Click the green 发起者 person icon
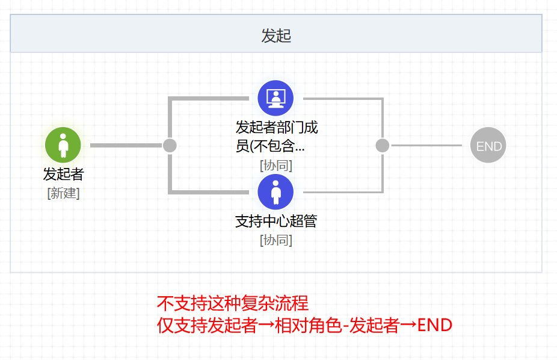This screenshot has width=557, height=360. pyautogui.click(x=63, y=145)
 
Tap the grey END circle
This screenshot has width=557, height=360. pyautogui.click(x=488, y=145)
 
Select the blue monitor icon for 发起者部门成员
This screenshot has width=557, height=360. pyautogui.click(x=275, y=98)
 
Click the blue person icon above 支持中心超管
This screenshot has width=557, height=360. pyautogui.click(x=275, y=192)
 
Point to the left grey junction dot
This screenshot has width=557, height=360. pyautogui.click(x=170, y=145)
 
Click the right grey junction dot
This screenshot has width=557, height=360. pyautogui.click(x=382, y=145)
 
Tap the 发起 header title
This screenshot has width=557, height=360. pyautogui.click(x=276, y=36)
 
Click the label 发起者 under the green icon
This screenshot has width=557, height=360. pyautogui.click(x=63, y=174)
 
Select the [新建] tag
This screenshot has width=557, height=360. pyautogui.click(x=63, y=193)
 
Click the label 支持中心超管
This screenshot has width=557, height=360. pyautogui.click(x=276, y=221)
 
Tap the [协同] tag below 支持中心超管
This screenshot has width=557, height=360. pyautogui.click(x=276, y=240)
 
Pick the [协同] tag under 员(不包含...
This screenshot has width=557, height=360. pyautogui.click(x=276, y=166)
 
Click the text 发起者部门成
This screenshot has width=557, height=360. pyautogui.click(x=276, y=127)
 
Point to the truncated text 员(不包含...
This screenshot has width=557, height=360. pyautogui.click(x=270, y=146)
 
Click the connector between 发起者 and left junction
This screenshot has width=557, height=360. pyautogui.click(x=126, y=145)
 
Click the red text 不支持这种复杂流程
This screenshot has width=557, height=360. pyautogui.click(x=233, y=303)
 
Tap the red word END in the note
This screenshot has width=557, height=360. pyautogui.click(x=434, y=325)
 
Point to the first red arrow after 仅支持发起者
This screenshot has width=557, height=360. pyautogui.click(x=266, y=325)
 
